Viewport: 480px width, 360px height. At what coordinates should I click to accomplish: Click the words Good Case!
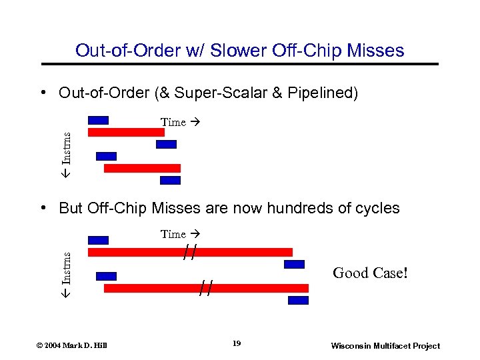coord(369,273)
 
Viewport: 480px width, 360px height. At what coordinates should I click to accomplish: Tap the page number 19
coord(237,343)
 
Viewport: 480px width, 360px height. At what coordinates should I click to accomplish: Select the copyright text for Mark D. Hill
coord(71,345)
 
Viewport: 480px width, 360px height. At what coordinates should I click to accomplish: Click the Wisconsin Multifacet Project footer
coord(385,345)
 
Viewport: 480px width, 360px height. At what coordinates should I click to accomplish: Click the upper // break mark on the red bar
coord(191,253)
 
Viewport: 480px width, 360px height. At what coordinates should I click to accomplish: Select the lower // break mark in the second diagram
coord(207,288)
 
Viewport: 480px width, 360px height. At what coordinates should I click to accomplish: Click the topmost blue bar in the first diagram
coord(98,121)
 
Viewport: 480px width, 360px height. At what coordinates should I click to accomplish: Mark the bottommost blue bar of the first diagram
coord(171,180)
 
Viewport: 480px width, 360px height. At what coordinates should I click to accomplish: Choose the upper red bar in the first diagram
coord(126,132)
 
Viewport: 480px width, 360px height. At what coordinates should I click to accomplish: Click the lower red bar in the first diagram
coord(142,168)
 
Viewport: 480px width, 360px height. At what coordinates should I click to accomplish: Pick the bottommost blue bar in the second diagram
coord(298,300)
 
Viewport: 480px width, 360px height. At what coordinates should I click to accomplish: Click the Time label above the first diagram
coord(173,122)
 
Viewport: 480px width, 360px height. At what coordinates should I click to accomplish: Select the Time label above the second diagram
coord(173,234)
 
